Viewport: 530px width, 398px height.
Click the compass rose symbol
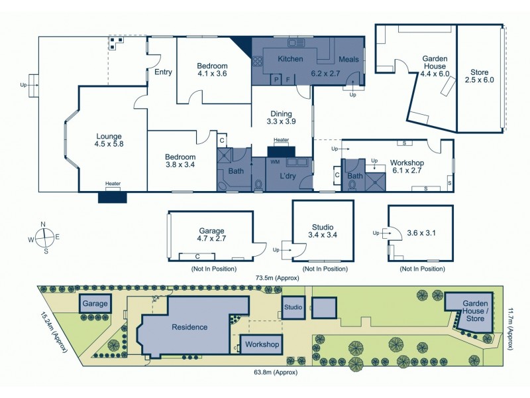point(44,237)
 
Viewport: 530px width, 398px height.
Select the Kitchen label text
point(290,59)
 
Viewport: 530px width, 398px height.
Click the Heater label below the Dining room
point(281,141)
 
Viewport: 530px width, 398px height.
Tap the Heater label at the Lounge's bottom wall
point(112,184)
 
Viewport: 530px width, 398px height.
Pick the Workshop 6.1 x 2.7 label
point(407,166)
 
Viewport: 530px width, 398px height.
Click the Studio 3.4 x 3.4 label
point(321,231)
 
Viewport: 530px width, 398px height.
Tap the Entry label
point(163,72)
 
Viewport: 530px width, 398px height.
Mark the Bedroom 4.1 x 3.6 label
point(212,70)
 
